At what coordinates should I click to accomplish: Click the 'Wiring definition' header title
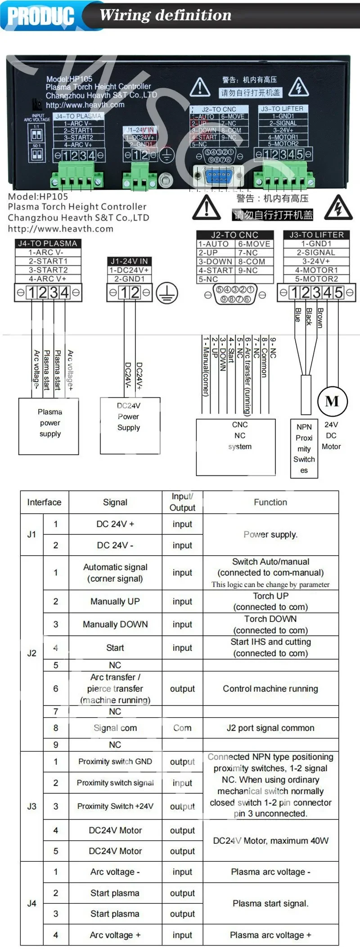coord(165,15)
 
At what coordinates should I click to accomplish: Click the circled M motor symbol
coord(332,401)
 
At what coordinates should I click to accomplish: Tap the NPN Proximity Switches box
coord(304,448)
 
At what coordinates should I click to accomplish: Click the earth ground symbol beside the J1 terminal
coord(167,293)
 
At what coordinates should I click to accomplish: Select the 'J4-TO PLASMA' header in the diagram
coord(47,244)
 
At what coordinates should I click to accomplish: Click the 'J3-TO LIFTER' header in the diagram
coord(316,235)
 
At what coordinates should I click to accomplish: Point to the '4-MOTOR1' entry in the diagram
coord(316,270)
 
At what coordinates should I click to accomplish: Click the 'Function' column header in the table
coord(270,502)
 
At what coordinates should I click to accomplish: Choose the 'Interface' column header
coord(44,502)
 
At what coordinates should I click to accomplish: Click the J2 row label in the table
coord(31,653)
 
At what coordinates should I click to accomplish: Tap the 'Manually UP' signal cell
coord(115,601)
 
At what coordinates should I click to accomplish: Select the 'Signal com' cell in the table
coord(115,728)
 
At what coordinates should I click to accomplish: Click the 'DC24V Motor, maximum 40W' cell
coord(270,841)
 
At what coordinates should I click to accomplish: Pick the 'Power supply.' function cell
coord(270,534)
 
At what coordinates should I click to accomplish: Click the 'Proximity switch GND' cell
coord(115,761)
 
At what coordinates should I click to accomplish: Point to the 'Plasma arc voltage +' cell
coord(270,935)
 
